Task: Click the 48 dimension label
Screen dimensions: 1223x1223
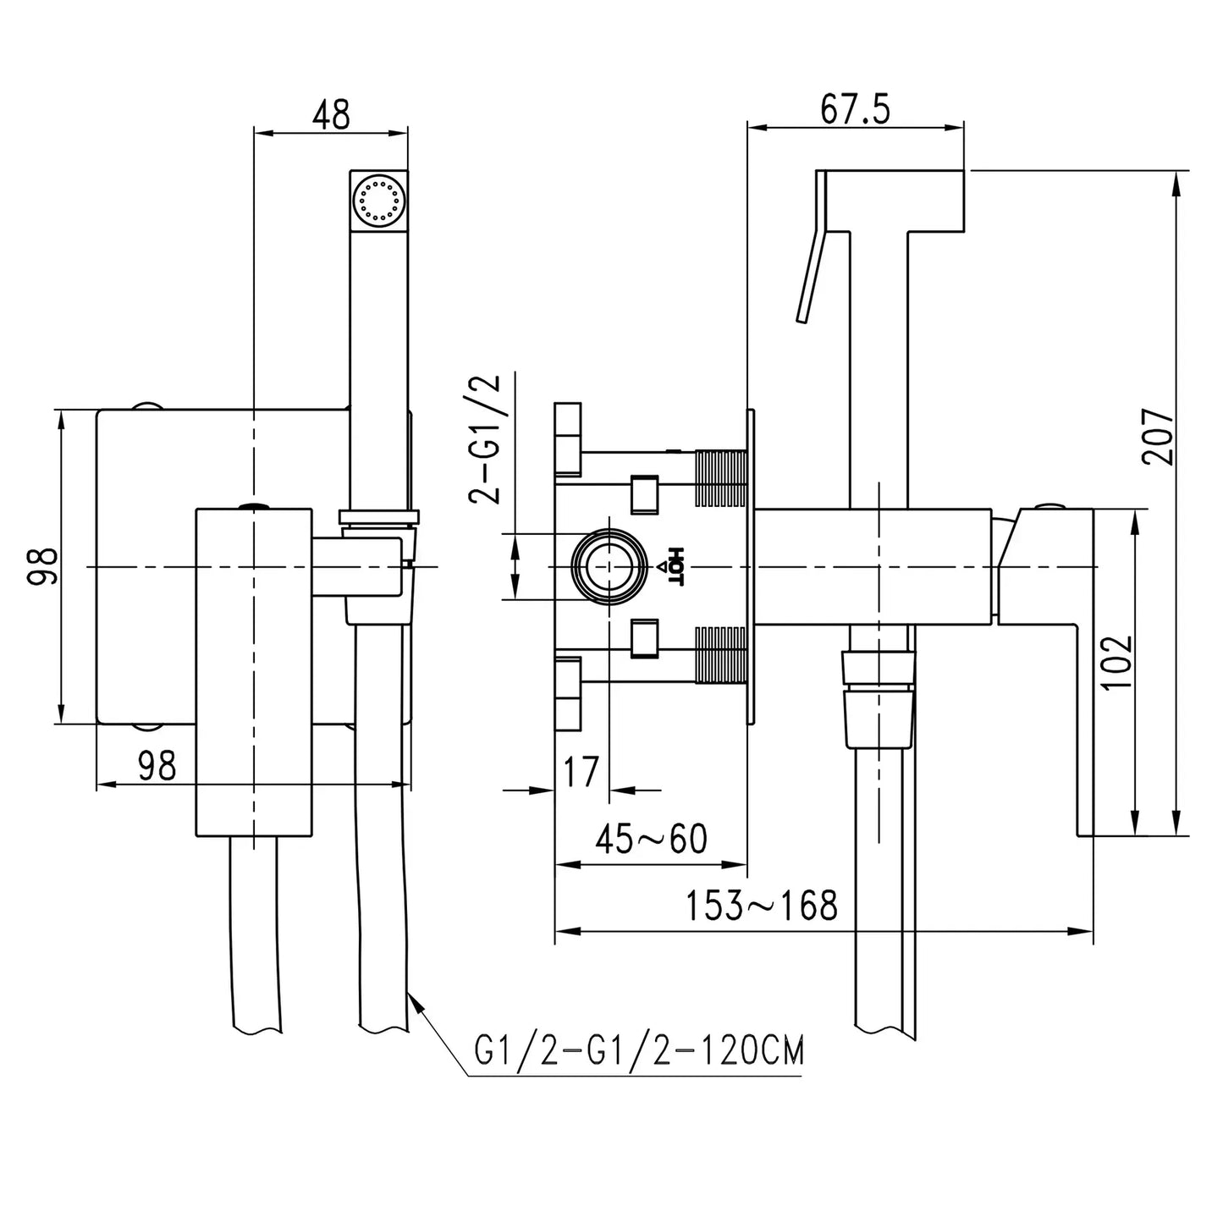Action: (x=331, y=114)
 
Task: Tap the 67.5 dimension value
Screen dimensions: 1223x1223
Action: (x=855, y=110)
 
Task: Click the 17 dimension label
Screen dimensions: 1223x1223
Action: (x=581, y=771)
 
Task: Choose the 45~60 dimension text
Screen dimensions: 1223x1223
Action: (x=651, y=839)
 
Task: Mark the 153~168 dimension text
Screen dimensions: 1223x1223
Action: (x=761, y=906)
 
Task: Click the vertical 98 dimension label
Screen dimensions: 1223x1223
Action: (x=43, y=566)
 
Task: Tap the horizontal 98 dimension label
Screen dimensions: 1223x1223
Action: (x=157, y=766)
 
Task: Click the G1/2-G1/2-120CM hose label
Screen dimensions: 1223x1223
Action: (x=639, y=1052)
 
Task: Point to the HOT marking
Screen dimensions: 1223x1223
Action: (x=675, y=565)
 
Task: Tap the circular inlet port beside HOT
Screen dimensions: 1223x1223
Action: (x=608, y=566)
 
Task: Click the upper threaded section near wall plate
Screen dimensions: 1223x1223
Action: (x=720, y=479)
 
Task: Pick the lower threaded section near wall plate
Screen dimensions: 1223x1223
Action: (x=720, y=654)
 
